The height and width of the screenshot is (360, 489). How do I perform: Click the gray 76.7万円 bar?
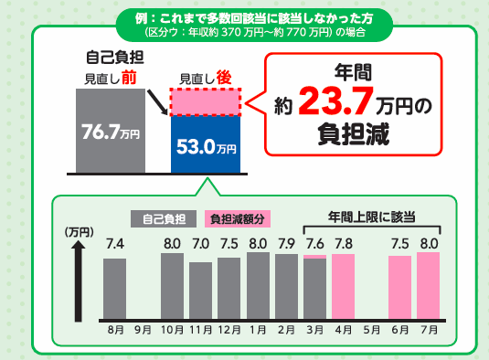pos(111,131)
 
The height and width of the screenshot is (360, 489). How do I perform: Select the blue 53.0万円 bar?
pos(206,144)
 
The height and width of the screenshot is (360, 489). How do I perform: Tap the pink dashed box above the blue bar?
pos(206,102)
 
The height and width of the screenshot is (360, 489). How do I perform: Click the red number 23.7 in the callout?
pos(335,101)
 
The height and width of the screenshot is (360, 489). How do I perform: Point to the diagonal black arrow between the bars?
pos(157,102)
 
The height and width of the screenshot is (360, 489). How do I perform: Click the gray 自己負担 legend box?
pos(164,218)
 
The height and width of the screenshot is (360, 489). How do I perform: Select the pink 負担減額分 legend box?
pos(238,218)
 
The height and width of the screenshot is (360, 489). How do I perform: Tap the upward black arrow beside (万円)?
pos(78,281)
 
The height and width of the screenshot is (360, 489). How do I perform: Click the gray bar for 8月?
pos(115,289)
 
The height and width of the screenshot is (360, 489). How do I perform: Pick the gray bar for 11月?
pos(200,291)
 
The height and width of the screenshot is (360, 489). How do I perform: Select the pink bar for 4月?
pos(343,287)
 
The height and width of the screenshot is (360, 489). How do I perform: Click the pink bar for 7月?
pos(428,286)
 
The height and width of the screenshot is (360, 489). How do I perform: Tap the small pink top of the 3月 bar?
pos(314,257)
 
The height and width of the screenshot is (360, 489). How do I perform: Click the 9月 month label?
pos(144,330)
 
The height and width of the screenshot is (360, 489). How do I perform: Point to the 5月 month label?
pos(372,330)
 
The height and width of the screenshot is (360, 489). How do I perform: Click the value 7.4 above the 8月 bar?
pos(115,244)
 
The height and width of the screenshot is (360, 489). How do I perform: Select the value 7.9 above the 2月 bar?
pos(287,244)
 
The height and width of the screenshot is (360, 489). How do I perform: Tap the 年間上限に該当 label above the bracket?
pos(372,217)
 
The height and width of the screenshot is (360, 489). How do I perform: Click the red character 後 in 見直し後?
pos(224,78)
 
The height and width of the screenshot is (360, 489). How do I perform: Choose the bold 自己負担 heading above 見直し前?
pos(115,58)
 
